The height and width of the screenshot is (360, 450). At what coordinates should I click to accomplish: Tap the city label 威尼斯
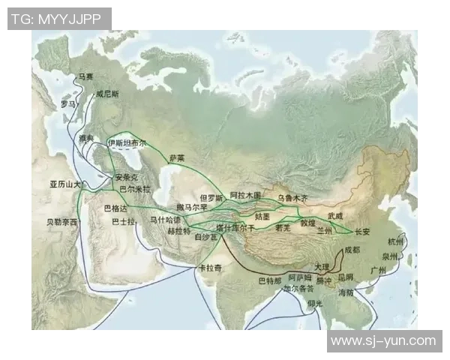108,95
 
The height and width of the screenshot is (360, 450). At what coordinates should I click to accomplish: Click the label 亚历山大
64,184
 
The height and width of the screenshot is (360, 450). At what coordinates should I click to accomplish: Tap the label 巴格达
115,207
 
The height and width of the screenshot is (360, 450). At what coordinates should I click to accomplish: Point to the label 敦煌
307,223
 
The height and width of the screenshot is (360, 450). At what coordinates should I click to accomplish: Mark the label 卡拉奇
210,268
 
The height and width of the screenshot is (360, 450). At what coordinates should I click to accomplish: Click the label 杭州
395,241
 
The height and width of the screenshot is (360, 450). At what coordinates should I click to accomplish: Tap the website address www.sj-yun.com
382,341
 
